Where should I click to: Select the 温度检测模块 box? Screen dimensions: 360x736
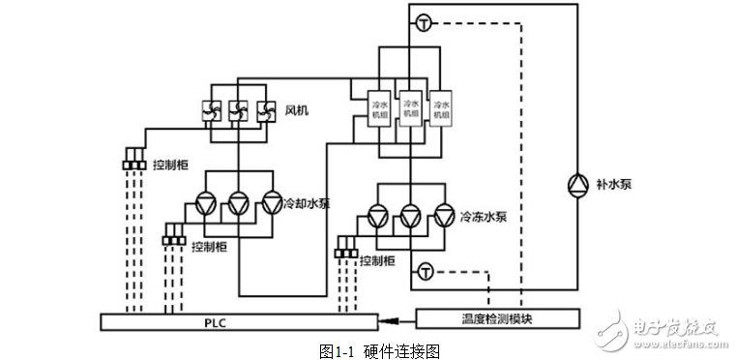[x=498, y=317]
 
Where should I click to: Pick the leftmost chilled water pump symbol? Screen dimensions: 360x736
[x=378, y=217]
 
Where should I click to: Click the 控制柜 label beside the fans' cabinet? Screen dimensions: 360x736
[x=171, y=164]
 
